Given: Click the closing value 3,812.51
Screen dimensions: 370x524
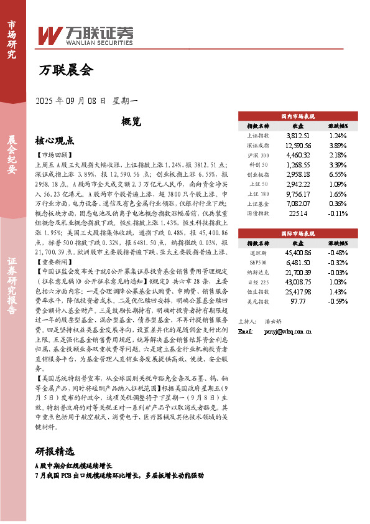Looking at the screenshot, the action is (298, 135).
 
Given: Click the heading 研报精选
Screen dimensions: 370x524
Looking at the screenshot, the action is (55, 451).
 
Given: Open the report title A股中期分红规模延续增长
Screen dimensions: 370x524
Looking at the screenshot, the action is (73, 466).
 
